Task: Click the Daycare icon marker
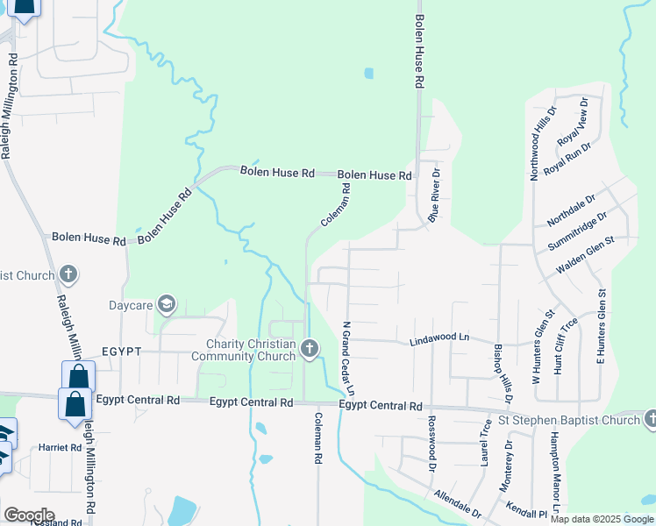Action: tap(168, 304)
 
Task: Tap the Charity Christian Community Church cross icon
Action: tap(309, 349)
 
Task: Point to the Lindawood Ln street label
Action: tap(439, 338)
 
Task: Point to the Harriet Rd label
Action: tap(60, 447)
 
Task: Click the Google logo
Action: tap(29, 515)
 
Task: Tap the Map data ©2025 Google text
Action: tap(602, 519)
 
